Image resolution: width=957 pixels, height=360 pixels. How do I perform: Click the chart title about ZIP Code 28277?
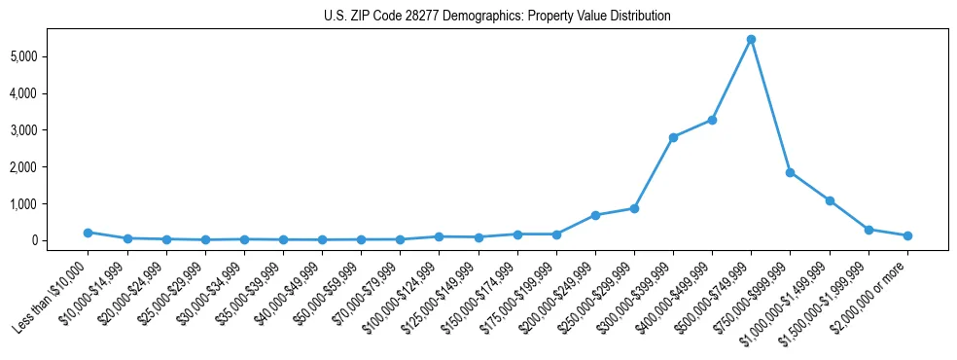click(x=496, y=17)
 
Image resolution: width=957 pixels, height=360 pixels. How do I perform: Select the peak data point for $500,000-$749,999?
click(x=751, y=39)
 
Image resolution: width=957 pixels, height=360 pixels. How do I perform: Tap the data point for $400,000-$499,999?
click(x=712, y=120)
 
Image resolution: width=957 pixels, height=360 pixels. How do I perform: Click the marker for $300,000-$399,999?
click(x=673, y=137)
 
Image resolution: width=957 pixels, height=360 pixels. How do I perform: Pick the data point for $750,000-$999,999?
click(x=790, y=172)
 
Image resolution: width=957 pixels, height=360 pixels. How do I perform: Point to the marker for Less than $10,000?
click(x=88, y=233)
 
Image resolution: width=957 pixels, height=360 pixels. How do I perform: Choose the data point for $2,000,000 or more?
click(x=907, y=235)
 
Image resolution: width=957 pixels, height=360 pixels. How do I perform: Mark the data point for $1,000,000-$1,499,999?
click(x=830, y=200)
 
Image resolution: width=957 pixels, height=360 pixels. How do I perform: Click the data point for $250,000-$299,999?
click(x=634, y=208)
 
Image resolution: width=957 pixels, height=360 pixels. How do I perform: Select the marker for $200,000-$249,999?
click(x=595, y=215)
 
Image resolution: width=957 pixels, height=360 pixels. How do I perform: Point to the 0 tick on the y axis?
click(x=60, y=240)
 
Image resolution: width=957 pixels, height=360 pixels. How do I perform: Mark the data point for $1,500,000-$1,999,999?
click(x=868, y=230)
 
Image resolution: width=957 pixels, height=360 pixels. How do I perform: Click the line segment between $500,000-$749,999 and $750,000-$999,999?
click(x=770, y=106)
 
